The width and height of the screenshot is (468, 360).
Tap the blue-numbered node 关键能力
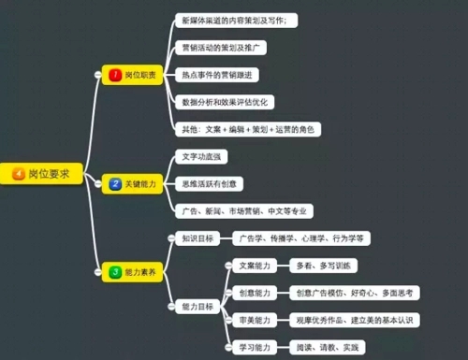click(133, 185)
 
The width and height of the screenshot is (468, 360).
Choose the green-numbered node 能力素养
click(133, 272)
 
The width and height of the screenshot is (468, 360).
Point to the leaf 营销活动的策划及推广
click(225, 46)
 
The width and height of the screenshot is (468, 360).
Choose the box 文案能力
click(254, 266)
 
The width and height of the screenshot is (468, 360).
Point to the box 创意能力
click(254, 293)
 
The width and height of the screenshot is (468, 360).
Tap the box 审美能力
click(254, 320)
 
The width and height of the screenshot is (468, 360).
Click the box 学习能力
click(254, 347)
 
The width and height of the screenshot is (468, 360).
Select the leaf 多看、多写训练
click(324, 266)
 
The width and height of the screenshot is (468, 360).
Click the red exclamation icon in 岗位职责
click(115, 74)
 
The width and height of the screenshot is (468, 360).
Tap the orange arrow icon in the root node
click(18, 174)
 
